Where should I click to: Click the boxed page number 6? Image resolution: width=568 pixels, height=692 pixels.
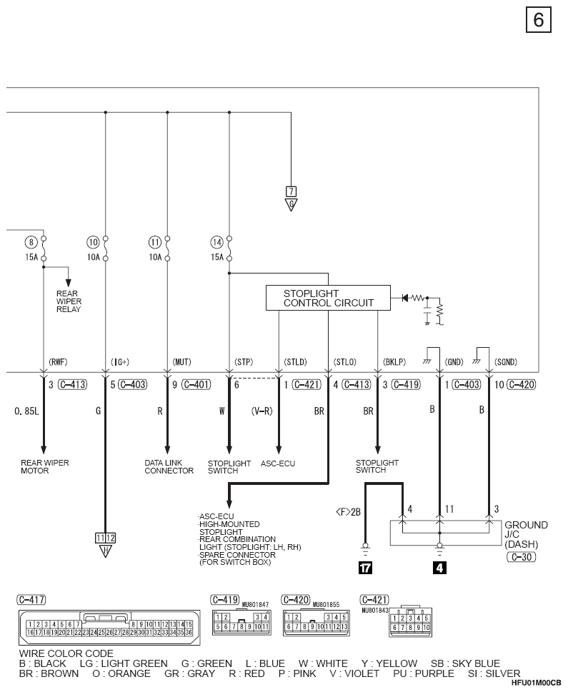point(539,20)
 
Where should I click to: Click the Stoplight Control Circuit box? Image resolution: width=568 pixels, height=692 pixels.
point(328,298)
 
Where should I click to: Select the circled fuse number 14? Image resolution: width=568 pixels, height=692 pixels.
point(216,242)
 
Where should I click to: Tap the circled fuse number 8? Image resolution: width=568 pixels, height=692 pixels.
point(31,242)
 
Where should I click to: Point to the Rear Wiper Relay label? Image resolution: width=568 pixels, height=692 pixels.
point(69,301)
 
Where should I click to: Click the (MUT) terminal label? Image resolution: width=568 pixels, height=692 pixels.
point(181,362)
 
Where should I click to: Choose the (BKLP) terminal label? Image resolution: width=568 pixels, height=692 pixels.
point(394,362)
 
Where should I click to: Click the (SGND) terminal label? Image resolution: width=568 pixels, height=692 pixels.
point(506,362)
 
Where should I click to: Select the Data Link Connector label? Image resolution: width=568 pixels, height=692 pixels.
point(169,467)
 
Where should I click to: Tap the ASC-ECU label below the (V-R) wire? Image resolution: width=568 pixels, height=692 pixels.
point(278,463)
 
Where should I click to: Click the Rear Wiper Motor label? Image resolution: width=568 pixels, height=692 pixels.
point(44,467)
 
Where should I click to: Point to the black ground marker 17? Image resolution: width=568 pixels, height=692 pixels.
point(365,568)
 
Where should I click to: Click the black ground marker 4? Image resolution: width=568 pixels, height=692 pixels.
point(439,568)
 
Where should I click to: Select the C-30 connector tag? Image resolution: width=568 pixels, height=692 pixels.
point(521,557)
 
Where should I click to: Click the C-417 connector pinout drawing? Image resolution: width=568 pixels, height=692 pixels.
point(109,628)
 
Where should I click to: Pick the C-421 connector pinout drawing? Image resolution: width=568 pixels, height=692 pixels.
point(410,621)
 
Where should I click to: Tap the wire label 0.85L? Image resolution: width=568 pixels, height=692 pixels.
point(26,411)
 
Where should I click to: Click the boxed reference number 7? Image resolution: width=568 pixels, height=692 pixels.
point(291,191)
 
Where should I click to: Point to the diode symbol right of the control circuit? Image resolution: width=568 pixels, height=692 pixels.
point(405,298)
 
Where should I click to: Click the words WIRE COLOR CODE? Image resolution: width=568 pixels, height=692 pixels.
point(66,653)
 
